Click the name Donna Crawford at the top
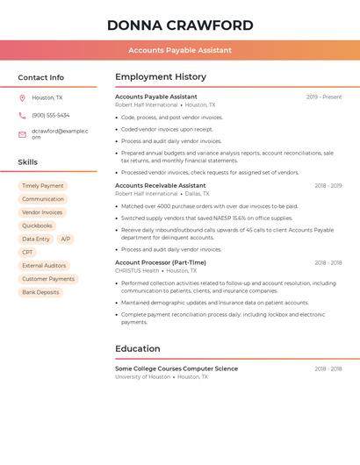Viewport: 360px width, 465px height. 180,25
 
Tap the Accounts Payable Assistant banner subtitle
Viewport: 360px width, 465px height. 180,50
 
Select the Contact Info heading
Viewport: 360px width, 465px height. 40,77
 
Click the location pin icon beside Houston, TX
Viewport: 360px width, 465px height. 22,97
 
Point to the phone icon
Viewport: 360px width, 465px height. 22,115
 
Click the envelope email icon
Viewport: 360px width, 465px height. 22,134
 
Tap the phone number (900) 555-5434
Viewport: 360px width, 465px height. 51,115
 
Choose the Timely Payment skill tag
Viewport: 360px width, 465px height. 43,186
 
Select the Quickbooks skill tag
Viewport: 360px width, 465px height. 37,225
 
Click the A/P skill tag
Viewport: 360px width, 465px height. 66,239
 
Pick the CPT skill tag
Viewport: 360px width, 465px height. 27,252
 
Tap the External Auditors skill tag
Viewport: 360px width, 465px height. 44,265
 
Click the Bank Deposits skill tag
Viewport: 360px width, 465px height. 40,292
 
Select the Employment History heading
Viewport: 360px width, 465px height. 161,77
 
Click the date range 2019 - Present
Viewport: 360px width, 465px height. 324,97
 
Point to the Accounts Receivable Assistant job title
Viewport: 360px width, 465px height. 160,186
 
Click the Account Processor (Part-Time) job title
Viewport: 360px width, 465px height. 161,262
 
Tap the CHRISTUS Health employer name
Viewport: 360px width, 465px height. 136,271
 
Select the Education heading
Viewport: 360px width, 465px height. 138,348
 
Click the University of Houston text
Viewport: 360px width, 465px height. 142,376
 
